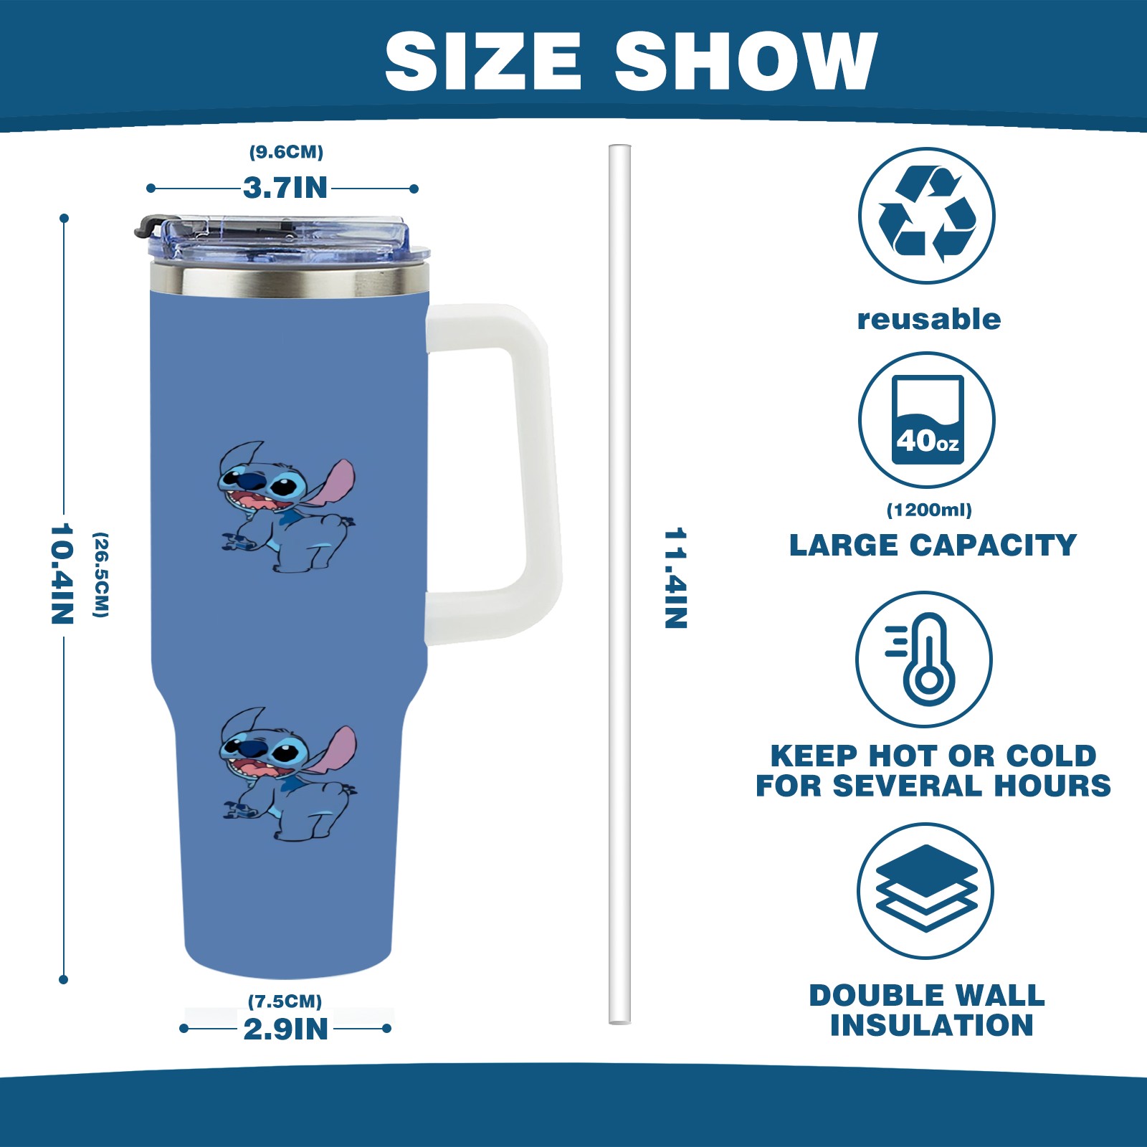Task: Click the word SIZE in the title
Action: (x=482, y=62)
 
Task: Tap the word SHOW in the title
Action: (x=746, y=62)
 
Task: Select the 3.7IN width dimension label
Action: (x=285, y=188)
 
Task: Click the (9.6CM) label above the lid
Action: (x=286, y=152)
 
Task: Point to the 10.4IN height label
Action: (x=62, y=573)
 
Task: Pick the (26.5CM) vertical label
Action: (x=101, y=575)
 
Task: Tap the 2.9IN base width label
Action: (x=285, y=1029)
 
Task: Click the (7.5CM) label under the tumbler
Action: (x=285, y=1001)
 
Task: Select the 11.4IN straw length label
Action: (x=676, y=578)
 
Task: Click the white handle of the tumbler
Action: (x=495, y=473)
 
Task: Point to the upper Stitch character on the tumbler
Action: (x=287, y=506)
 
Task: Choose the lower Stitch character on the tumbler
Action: (x=287, y=774)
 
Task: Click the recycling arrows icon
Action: (x=927, y=216)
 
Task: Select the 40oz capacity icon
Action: (x=927, y=420)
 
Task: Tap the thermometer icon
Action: (x=924, y=660)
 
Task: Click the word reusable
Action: (x=929, y=319)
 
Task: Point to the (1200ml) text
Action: (x=929, y=510)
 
